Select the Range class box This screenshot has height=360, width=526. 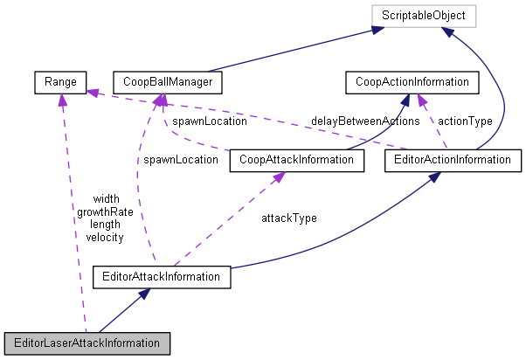[x=58, y=83]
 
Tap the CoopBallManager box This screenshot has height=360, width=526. [x=168, y=83]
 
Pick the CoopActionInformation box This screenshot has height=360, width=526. [x=412, y=83]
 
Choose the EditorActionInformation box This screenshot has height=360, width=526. [x=447, y=160]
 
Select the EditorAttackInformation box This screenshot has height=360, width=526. [x=162, y=278]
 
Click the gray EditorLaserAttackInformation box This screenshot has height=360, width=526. [x=86, y=343]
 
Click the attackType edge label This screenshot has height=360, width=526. [x=289, y=218]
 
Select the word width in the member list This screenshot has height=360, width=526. [x=105, y=199]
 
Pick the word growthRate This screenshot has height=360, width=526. [x=100, y=211]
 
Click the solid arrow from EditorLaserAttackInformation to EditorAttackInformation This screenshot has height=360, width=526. [x=122, y=311]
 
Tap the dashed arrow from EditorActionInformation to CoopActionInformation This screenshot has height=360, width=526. [x=433, y=122]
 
